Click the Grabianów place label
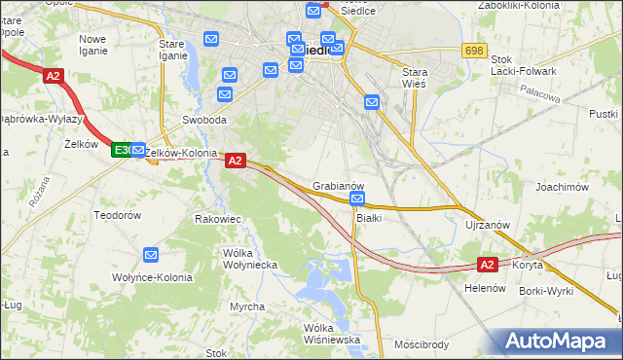click(339, 185)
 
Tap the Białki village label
click(368, 217)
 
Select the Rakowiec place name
click(218, 219)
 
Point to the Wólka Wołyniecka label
click(250, 259)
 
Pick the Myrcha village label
click(247, 306)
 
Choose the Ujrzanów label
click(488, 225)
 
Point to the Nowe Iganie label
click(94, 46)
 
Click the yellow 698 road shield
click(474, 51)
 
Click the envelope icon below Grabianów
click(357, 199)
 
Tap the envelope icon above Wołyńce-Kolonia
click(151, 255)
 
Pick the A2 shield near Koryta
click(488, 264)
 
